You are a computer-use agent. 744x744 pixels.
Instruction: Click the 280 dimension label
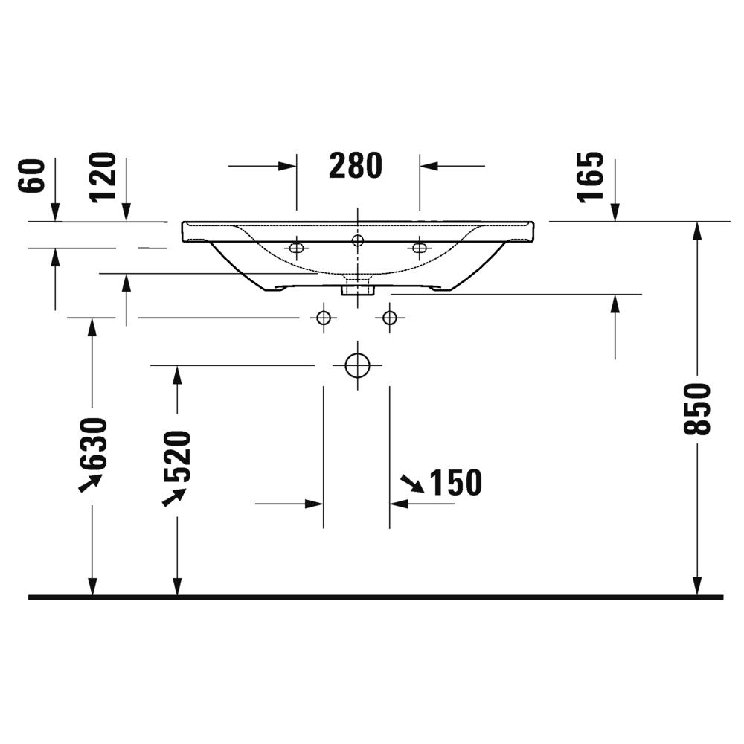[356, 166]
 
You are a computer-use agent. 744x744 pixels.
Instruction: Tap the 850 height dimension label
[697, 409]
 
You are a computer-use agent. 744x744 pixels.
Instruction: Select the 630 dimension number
[92, 443]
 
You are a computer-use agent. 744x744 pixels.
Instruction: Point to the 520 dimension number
[178, 456]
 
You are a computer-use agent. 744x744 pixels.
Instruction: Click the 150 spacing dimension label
[455, 483]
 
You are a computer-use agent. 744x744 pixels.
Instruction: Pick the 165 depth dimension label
[591, 178]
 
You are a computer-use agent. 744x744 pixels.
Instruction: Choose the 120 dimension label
[103, 178]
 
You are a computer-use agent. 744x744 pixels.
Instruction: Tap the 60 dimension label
[31, 176]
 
